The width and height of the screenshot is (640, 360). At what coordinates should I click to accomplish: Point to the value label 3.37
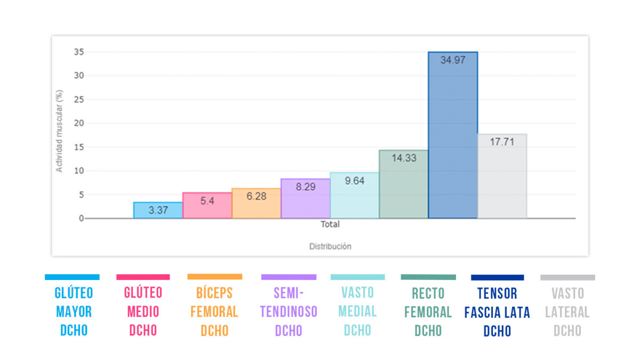158,210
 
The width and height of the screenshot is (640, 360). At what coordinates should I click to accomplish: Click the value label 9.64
355,181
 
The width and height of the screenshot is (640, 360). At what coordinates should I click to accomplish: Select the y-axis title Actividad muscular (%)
60,131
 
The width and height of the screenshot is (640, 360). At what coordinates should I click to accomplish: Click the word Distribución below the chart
330,246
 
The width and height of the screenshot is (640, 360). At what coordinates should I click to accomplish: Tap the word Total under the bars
330,225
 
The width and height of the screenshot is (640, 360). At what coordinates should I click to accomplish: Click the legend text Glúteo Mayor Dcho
74,311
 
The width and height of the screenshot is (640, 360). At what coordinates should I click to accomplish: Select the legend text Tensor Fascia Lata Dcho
497,312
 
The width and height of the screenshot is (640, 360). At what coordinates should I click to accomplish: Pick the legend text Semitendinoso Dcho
289,311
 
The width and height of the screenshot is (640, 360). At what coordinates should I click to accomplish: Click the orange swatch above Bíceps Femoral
214,277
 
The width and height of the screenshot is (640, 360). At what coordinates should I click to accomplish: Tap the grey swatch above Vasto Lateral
567,277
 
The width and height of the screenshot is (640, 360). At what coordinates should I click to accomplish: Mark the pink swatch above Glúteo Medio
143,277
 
